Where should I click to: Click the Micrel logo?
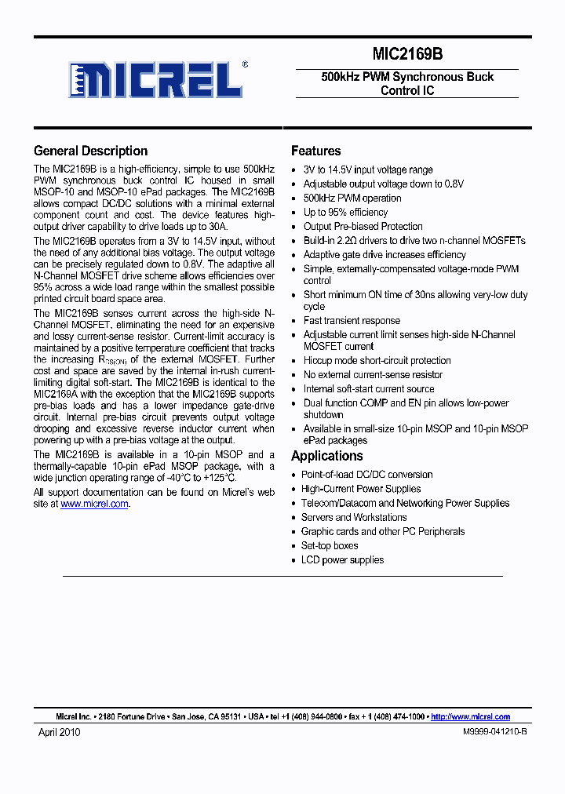[155, 80]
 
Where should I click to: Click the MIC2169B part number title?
[407, 54]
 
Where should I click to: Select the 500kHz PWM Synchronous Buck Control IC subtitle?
[407, 83]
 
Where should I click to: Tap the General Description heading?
[90, 151]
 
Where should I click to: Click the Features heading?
[315, 151]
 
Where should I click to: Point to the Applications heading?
[326, 456]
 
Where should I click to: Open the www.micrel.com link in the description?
[94, 504]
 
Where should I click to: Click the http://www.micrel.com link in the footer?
[471, 716]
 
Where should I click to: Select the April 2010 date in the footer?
[60, 732]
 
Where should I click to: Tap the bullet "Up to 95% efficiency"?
[345, 213]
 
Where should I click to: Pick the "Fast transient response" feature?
[352, 320]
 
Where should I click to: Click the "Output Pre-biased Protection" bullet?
[363, 227]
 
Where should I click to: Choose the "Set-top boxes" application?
[330, 545]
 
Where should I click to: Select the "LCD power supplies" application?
[342, 559]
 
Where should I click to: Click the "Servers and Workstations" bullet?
[354, 517]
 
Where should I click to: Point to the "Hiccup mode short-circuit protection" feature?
[377, 361]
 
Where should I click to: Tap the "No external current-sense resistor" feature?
[373, 375]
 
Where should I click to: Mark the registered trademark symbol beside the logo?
[245, 65]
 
